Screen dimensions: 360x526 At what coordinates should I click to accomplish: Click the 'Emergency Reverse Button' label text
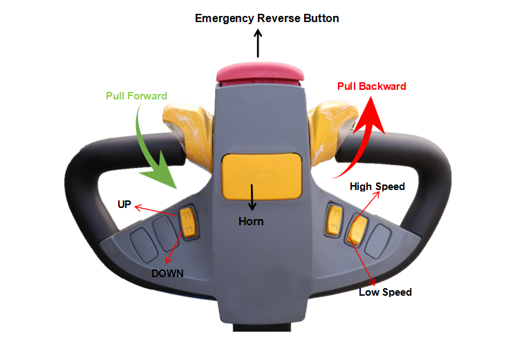pos(267,18)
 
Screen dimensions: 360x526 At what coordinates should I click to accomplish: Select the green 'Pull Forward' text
pos(136,95)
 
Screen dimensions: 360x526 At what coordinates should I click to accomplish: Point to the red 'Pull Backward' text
pos(371,86)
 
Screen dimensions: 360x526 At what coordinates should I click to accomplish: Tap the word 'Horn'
pos(251,222)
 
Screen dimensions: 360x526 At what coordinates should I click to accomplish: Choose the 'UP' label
pos(124,205)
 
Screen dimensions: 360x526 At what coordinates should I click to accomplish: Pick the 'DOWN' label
pos(167,273)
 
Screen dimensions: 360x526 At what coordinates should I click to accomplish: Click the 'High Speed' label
pos(377,187)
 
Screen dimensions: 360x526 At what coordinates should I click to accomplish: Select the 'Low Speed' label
pos(385,292)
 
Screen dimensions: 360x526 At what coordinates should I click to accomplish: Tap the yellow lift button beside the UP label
pos(188,222)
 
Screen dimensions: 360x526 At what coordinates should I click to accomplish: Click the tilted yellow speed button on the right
pos(358,229)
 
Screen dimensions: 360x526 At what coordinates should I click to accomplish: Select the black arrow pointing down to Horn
pos(252,198)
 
